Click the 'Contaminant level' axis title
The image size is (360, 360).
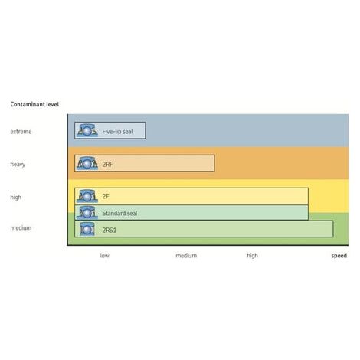click(x=34, y=104)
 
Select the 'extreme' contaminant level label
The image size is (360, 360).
click(x=21, y=132)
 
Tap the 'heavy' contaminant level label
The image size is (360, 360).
click(x=18, y=164)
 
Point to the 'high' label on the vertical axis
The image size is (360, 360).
click(x=15, y=197)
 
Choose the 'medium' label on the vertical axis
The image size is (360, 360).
click(x=21, y=227)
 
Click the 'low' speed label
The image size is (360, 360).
click(x=104, y=255)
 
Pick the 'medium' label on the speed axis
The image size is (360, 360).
click(x=186, y=256)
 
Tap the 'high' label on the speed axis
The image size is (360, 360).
click(x=252, y=256)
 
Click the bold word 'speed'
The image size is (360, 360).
click(x=339, y=256)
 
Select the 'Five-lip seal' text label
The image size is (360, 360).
click(x=117, y=132)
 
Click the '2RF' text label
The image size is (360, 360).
click(x=107, y=164)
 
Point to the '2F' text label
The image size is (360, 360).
click(x=106, y=196)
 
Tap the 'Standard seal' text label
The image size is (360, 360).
click(x=119, y=213)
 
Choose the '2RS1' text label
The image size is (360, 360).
click(x=110, y=230)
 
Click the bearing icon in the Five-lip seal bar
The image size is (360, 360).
click(x=87, y=130)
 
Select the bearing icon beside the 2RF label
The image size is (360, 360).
click(x=87, y=163)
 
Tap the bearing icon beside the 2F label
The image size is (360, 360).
click(x=87, y=196)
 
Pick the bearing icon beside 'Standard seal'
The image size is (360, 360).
click(x=87, y=213)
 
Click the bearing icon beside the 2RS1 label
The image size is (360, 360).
click(x=87, y=229)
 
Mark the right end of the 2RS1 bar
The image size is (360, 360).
click(x=333, y=229)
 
